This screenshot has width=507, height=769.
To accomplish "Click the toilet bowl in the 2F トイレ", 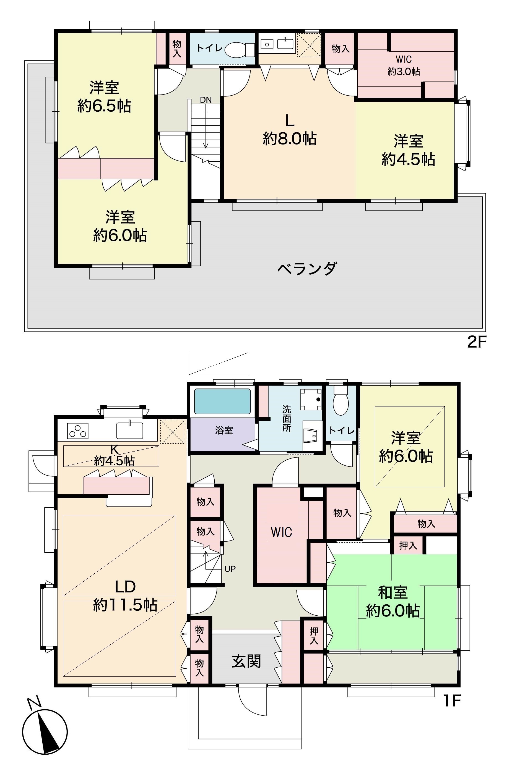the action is (x=239, y=49).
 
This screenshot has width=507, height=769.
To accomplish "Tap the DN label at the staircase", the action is (x=206, y=100).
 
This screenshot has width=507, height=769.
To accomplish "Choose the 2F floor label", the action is (x=477, y=342).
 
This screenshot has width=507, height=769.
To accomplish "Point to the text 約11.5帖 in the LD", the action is (x=126, y=605).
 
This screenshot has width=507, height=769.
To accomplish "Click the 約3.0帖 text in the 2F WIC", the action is (x=404, y=71).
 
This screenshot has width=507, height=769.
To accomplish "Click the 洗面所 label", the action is (x=287, y=418).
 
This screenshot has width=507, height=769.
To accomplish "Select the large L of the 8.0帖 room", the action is (x=289, y=121).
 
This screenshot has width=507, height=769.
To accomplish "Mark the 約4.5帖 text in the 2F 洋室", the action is (x=408, y=159).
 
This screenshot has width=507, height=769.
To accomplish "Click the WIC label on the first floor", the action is (x=281, y=532).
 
